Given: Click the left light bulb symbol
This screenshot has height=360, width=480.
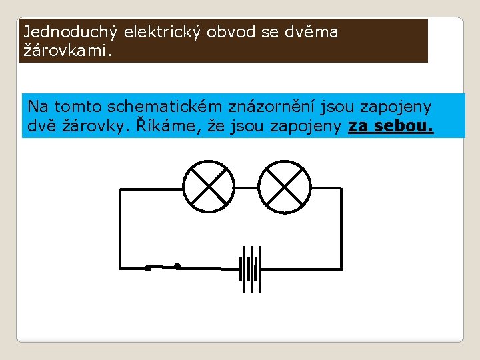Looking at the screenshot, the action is pos(209,187).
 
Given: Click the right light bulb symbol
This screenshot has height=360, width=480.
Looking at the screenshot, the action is pos(285,187).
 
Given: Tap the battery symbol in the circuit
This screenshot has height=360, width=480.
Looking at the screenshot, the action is pos(251,269).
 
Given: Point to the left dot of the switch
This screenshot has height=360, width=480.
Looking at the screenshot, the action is pos(148,268).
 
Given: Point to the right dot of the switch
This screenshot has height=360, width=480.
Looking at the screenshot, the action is pos(177,267).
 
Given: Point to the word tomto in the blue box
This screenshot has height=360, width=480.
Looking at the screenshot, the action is pos(79,107).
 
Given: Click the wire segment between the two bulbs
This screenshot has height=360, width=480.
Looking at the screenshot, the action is pos(247,188).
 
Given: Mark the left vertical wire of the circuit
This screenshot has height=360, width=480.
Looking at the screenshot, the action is pos(119,227).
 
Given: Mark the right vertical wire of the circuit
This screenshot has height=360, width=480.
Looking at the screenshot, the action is pos(341,227).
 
